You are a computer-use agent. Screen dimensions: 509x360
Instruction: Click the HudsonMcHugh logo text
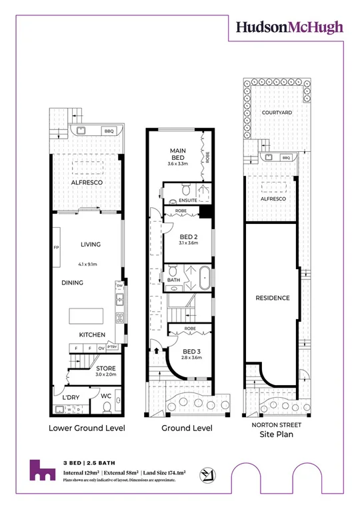coord(289,27)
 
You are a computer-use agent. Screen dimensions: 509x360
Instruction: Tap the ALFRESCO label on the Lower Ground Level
coord(86,181)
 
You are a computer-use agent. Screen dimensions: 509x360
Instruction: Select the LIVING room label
coord(86,244)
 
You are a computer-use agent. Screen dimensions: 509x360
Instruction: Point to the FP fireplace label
coord(56,248)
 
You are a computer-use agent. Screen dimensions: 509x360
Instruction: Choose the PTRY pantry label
coord(112,346)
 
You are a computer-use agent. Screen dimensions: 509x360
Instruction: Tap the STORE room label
coord(105,367)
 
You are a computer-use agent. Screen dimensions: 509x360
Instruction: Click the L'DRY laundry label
coord(71,398)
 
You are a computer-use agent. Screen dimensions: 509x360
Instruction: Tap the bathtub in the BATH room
coord(203,278)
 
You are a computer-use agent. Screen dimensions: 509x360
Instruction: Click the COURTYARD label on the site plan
coord(277,113)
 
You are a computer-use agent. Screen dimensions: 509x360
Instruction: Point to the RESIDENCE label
coord(273,298)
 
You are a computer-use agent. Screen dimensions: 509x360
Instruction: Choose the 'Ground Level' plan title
coord(187,428)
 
